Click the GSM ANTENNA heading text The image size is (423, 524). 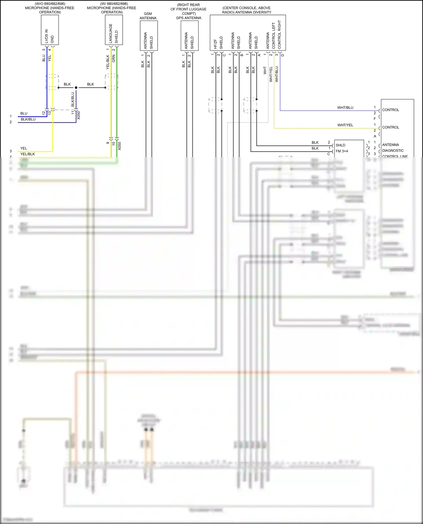click(148, 16)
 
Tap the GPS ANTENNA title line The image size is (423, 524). click(189, 18)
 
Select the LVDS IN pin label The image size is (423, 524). click(47, 36)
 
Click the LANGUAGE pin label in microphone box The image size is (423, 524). click(111, 33)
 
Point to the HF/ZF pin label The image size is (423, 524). click(215, 44)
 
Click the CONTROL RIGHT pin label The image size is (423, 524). click(279, 34)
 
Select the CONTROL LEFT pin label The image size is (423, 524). click(274, 35)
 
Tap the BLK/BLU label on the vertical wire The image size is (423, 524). click(72, 99)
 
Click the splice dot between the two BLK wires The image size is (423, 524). click(76, 88)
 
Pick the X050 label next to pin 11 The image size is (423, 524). click(79, 115)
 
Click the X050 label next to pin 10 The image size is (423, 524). click(119, 146)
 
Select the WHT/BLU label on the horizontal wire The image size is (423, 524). click(345, 108)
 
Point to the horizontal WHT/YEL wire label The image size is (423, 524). click(345, 125)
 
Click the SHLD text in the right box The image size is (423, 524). click(340, 145)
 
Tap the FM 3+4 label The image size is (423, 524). click(342, 151)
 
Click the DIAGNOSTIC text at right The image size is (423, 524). click(393, 151)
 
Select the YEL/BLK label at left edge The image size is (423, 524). click(28, 154)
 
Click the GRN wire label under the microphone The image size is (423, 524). click(114, 59)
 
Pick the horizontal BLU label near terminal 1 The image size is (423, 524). click(24, 113)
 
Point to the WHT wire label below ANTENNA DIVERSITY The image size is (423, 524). click(265, 70)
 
